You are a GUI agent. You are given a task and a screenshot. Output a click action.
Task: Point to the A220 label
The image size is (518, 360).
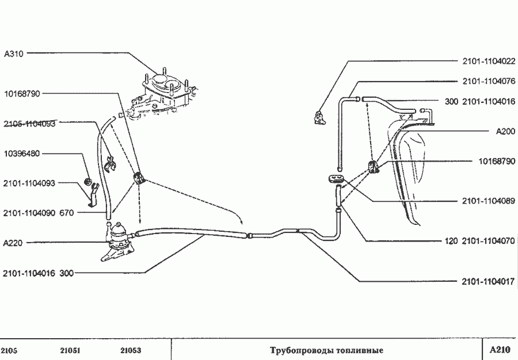[x=13, y=243]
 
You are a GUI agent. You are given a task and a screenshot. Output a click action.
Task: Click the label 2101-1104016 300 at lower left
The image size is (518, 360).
[x=38, y=274]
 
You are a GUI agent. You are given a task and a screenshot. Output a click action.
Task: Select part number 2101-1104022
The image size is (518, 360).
[x=489, y=61]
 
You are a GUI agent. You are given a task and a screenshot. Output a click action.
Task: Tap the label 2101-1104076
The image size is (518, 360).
[x=489, y=81]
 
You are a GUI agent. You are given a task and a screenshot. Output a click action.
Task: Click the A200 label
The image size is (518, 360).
[x=505, y=131]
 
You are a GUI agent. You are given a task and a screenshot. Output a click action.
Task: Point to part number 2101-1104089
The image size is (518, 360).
[x=489, y=201]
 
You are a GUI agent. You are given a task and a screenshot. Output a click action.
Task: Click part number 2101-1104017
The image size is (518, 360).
[x=489, y=282]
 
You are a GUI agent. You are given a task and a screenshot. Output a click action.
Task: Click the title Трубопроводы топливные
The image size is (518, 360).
[x=326, y=350]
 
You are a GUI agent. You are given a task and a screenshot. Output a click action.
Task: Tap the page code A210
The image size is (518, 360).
[x=500, y=350]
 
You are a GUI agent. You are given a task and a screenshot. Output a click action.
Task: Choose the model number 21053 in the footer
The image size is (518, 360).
[x=131, y=350]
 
